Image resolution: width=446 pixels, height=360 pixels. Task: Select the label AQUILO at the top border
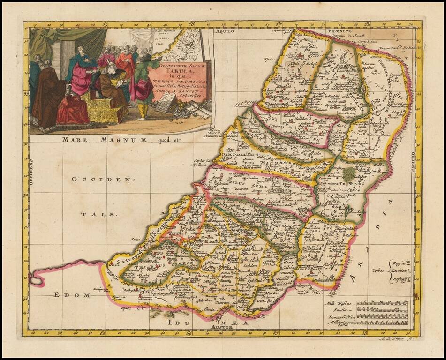click(224, 32)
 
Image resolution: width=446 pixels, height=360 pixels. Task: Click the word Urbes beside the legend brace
click(378, 271)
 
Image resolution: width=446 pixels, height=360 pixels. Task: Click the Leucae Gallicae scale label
click(339, 317)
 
